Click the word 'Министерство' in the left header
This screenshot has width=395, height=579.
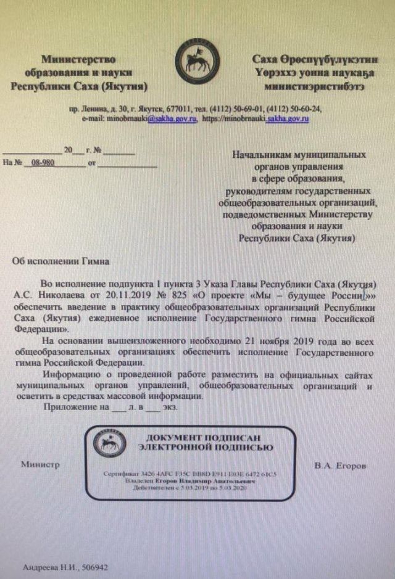78,60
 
